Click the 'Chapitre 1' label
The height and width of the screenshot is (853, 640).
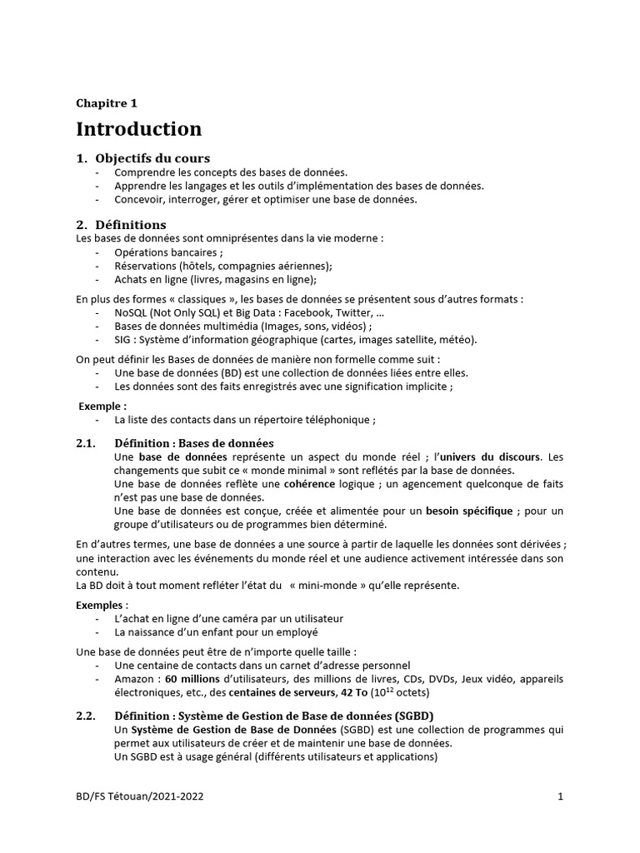click(x=107, y=103)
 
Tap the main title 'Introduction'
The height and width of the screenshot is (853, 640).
click(x=139, y=129)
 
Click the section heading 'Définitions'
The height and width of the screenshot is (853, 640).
click(x=131, y=225)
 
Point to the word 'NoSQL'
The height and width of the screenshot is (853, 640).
click(x=131, y=312)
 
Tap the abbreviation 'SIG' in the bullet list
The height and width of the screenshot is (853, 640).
click(x=123, y=340)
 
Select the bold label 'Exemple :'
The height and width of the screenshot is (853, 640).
click(x=102, y=407)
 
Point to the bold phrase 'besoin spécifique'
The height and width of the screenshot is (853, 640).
click(x=469, y=510)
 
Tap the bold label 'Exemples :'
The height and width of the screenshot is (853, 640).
click(x=102, y=605)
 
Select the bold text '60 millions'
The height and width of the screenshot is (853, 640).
click(x=192, y=679)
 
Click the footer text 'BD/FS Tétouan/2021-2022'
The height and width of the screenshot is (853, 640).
click(x=139, y=796)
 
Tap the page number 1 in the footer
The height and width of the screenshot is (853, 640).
click(x=560, y=796)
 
